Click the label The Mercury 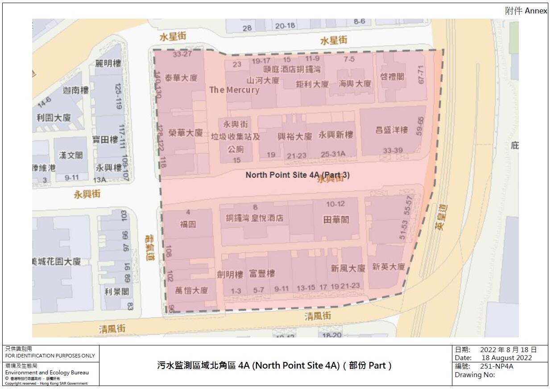coord(234,90)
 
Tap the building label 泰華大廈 coord(181,78)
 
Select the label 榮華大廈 coord(186,133)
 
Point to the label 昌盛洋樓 coord(392,130)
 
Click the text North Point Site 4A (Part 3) coord(298,175)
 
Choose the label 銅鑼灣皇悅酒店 coord(254,218)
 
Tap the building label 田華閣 coord(336,220)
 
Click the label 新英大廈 coord(389,267)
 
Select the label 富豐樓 coord(262,274)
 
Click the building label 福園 coord(188,224)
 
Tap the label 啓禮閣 coord(393,77)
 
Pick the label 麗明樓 coord(108,64)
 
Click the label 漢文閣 coord(71,155)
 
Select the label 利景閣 coord(117,291)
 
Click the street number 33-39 coord(393,151)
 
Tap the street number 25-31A coord(333,154)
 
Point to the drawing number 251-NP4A coord(497,366)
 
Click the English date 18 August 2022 coord(506,358)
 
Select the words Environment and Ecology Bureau coord(47,373)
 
